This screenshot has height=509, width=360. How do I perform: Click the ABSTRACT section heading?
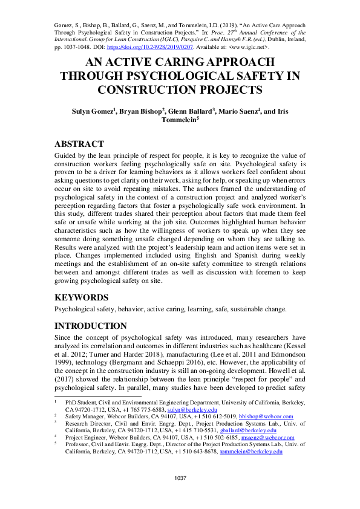(79, 144)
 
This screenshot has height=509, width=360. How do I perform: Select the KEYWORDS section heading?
(82, 297)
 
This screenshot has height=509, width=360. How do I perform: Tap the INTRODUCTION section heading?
(91, 326)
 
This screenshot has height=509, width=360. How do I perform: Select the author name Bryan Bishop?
(146, 112)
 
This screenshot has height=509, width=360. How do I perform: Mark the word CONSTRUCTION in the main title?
(146, 90)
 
